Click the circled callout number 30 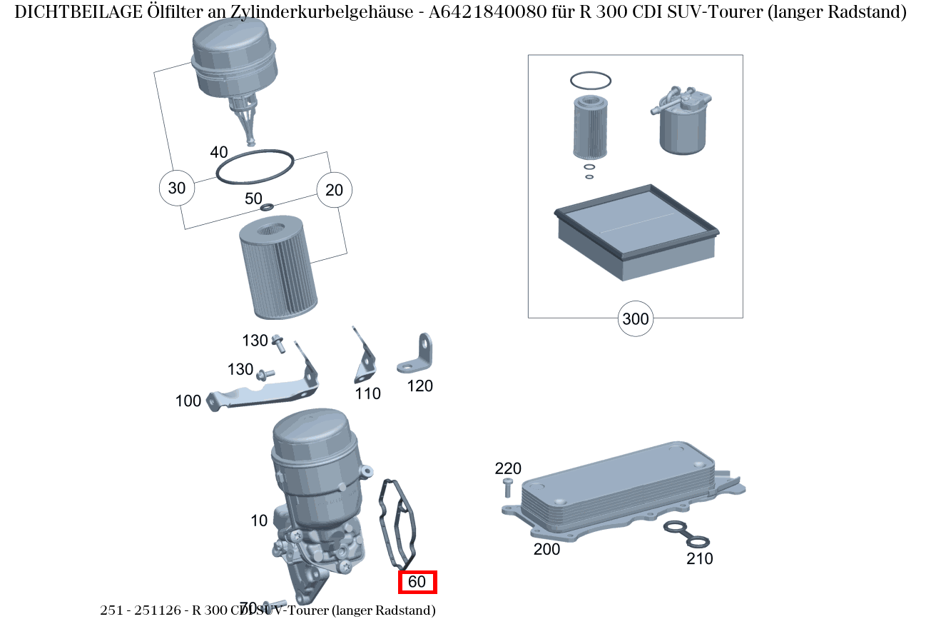[176, 188]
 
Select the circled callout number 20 [334, 190]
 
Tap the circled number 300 [635, 318]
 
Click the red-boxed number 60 [417, 582]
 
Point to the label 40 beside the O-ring [219, 152]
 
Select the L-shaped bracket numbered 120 [417, 356]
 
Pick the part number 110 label [368, 393]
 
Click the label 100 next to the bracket [188, 401]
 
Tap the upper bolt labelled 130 [278, 345]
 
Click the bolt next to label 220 [507, 488]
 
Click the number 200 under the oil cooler [547, 549]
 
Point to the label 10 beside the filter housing [259, 520]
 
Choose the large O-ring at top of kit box [590, 81]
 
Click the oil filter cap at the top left [234, 61]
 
